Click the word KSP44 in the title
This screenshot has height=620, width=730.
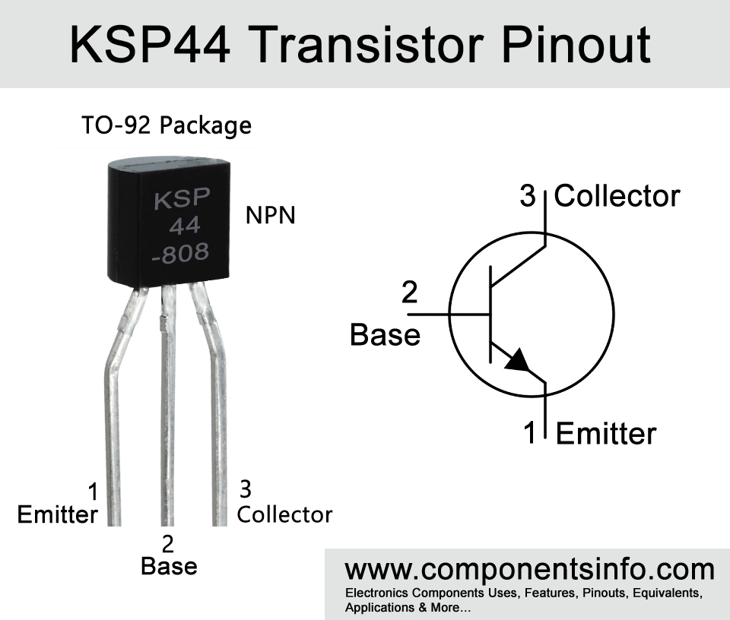150,45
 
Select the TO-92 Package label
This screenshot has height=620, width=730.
167,125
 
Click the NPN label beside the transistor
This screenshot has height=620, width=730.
271,215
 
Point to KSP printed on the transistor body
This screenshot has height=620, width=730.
182,198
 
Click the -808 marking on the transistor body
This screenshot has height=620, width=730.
181,252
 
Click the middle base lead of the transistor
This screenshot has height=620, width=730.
167,405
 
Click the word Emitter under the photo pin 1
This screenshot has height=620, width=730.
58,515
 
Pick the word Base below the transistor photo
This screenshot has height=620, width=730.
169,567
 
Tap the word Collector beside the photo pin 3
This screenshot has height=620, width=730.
285,515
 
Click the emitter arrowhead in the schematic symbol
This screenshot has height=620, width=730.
517,360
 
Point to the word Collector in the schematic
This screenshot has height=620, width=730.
617,196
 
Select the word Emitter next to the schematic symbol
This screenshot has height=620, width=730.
606,434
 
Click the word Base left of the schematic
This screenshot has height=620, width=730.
385,335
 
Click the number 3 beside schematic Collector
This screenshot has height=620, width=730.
528,196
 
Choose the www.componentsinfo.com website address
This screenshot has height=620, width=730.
529,570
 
